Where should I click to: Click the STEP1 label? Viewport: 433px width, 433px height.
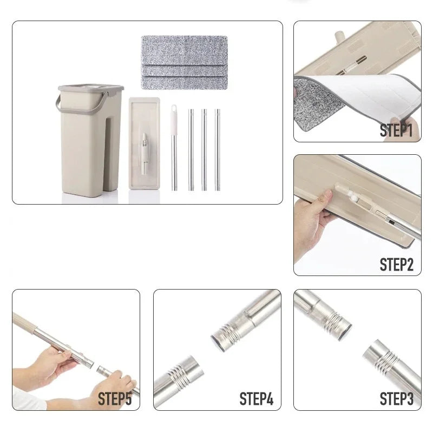click(x=396, y=130)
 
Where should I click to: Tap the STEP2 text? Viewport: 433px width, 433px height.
click(x=397, y=265)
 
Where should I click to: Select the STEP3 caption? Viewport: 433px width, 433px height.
click(x=397, y=399)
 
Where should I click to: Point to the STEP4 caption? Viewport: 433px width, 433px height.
click(x=256, y=399)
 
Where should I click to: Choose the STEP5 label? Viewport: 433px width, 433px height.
click(x=115, y=399)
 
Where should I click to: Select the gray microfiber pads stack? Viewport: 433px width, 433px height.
click(x=184, y=62)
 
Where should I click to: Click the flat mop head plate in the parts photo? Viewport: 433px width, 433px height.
click(x=144, y=143)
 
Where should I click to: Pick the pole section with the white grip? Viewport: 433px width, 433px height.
click(x=174, y=147)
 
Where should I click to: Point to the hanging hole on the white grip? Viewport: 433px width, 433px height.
click(x=174, y=108)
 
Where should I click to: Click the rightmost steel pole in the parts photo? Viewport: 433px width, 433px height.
click(x=218, y=150)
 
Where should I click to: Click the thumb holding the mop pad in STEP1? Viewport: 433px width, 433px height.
click(x=397, y=128)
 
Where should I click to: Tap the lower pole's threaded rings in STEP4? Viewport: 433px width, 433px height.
click(x=180, y=375)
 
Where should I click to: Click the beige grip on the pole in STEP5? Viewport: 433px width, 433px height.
click(x=24, y=322)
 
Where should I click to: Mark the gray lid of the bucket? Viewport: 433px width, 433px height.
click(x=91, y=88)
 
